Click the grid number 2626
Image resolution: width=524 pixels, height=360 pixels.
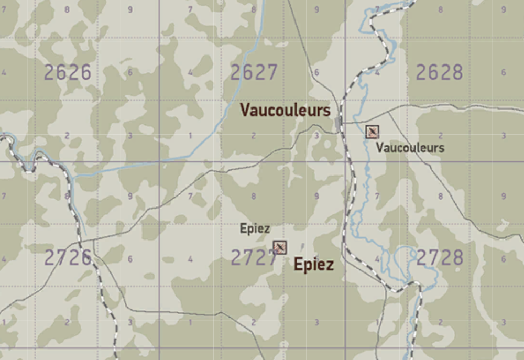(67, 72)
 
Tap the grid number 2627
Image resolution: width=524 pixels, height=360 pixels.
(254, 72)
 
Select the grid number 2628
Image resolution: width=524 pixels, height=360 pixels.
(439, 72)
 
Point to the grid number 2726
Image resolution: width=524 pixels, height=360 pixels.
(67, 258)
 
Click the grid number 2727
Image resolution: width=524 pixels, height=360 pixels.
(253, 258)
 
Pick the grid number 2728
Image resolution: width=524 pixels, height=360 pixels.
(439, 258)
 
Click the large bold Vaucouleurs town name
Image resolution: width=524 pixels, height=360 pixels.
(285, 111)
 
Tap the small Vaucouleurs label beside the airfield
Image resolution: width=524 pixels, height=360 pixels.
(410, 148)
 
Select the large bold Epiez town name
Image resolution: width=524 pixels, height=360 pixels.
(313, 265)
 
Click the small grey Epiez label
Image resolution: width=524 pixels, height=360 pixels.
(255, 228)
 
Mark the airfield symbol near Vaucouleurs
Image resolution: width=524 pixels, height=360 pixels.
(372, 132)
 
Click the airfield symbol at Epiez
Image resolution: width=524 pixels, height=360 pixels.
(280, 247)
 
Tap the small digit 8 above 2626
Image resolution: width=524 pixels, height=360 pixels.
(67, 9)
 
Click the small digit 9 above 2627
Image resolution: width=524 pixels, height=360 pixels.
(316, 9)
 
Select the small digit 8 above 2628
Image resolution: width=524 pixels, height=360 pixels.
(440, 9)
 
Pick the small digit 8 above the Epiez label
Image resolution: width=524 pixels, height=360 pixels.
(254, 197)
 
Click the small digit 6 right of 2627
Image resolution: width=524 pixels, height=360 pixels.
(316, 72)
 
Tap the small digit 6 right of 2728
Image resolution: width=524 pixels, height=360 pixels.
(504, 258)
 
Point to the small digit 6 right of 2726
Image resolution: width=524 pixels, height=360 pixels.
(129, 259)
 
